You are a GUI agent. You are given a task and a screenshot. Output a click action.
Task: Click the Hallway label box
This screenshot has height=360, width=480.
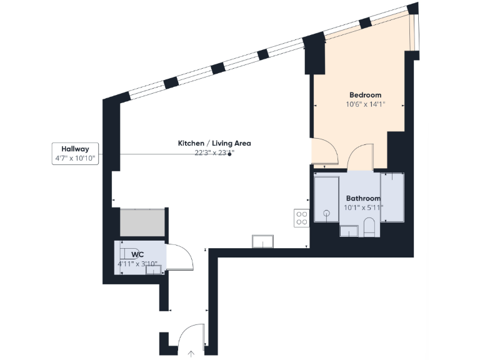75,154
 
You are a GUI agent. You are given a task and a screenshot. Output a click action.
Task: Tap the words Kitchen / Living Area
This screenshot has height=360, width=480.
214,143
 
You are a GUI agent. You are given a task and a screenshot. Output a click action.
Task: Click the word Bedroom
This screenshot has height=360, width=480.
365,95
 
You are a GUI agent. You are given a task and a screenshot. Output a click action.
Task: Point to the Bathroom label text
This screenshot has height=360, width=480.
363,198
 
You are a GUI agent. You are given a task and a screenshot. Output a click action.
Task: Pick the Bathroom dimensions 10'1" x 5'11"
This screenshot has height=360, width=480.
363,207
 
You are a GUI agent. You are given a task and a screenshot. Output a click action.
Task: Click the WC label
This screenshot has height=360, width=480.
138,254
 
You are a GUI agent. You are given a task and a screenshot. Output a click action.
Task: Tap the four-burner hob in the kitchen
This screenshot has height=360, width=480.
301,217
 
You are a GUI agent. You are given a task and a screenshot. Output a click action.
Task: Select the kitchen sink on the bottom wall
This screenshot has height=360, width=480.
262,241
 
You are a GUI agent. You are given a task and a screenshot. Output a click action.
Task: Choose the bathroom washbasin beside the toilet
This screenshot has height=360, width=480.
349,232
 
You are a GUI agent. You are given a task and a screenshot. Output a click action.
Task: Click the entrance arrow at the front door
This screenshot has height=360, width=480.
191,354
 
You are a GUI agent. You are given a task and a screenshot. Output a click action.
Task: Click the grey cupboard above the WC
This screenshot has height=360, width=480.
142,222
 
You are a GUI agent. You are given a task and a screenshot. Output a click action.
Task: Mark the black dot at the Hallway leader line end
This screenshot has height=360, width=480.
230,154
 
